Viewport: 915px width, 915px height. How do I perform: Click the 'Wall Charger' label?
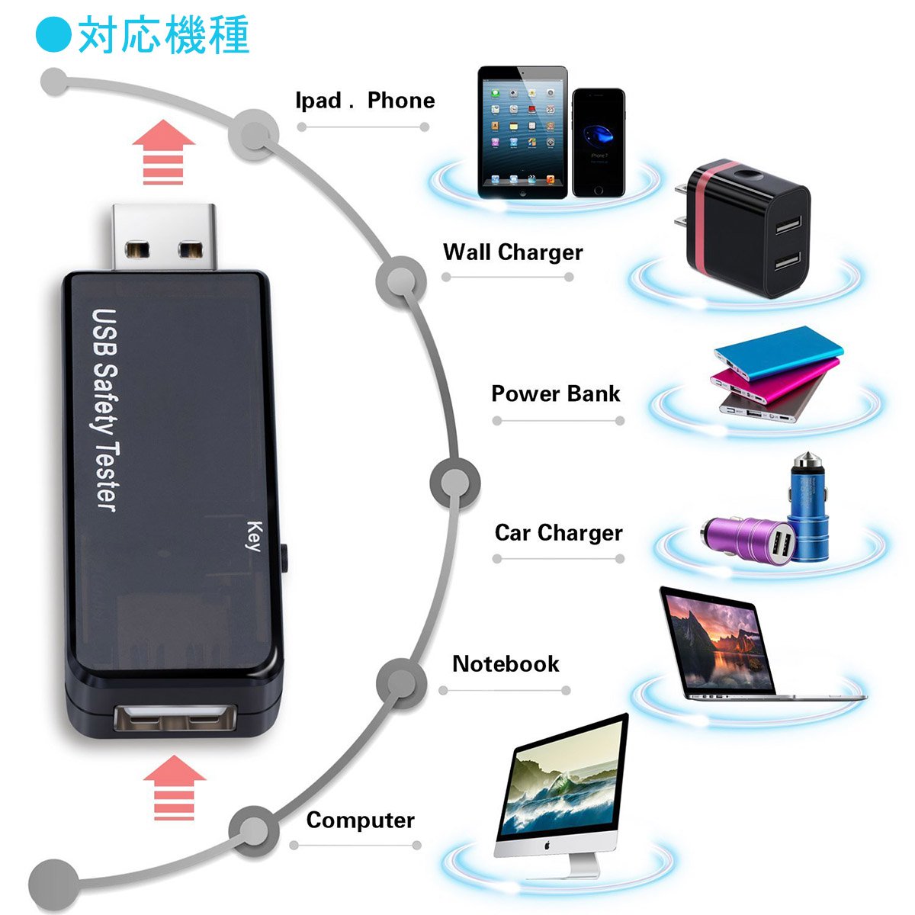pos(513,252)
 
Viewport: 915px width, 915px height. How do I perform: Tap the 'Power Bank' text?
pos(556,393)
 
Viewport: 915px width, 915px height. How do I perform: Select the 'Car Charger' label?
pos(558,533)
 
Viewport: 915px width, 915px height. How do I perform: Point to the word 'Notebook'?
pos(506,664)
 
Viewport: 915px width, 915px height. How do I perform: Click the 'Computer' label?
pos(361,820)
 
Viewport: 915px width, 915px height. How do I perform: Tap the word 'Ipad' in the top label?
pos(318,101)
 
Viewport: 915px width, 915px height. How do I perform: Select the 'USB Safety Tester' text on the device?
pos(104,410)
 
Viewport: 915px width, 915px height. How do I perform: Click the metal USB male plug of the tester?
pos(164,237)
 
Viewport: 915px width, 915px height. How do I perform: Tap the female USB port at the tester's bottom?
pos(175,718)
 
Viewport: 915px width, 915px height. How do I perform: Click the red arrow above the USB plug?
pos(163,152)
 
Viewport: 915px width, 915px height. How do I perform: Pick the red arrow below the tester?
pos(175,787)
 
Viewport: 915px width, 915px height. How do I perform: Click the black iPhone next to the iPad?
pos(599,143)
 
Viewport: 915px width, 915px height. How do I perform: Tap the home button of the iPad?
pos(523,193)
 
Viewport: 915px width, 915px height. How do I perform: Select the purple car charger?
pos(746,539)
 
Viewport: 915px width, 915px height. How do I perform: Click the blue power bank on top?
pos(779,352)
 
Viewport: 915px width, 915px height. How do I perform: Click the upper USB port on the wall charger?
pos(788,225)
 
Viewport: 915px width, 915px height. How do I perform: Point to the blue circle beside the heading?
pos(54,34)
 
